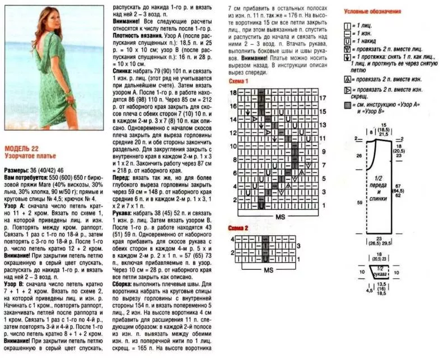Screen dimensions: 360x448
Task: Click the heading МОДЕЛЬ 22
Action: pos(20,148)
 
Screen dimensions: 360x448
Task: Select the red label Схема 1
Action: pos(239,81)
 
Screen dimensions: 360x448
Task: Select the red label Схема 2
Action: pos(239,228)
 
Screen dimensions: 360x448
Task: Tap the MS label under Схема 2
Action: pos(270,269)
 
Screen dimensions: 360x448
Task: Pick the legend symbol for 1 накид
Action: pos(347,41)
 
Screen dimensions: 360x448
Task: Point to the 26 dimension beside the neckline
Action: pos(359,155)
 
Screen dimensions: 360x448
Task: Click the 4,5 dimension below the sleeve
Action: pos(369,291)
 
